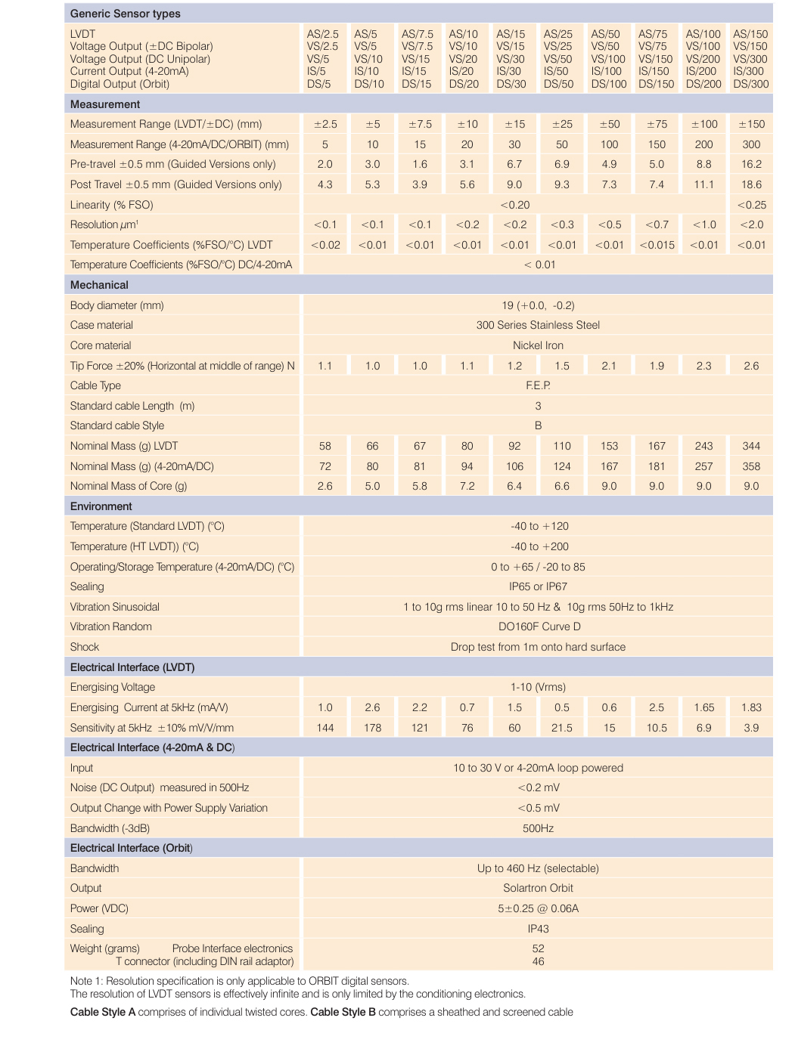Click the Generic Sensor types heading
tap(125, 14)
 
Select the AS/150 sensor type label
tap(750, 34)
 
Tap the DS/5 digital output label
tap(318, 84)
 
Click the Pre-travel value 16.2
tap(751, 164)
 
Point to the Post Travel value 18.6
tap(751, 184)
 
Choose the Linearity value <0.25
tap(751, 205)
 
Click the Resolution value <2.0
tap(751, 224)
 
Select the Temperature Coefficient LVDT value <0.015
tap(657, 245)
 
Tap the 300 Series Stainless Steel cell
tap(538, 325)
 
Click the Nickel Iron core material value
tap(538, 345)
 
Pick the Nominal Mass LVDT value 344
tap(751, 446)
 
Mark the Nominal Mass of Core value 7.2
tap(467, 486)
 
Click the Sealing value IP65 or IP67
tap(538, 586)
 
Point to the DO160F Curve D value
tap(538, 626)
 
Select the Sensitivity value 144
tap(325, 728)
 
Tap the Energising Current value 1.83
tap(751, 707)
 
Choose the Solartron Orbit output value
tap(538, 888)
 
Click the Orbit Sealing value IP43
tap(538, 929)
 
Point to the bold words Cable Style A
tap(103, 1012)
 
